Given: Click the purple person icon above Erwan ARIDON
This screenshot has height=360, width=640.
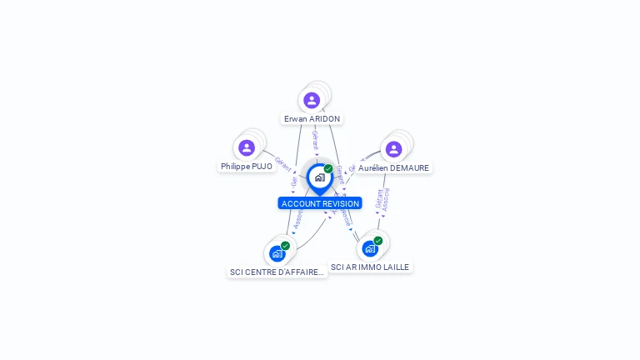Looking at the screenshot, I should click(312, 100).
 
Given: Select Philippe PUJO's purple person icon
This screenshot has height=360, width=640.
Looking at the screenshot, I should click(247, 147).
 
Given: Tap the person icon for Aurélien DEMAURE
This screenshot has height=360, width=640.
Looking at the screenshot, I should click(393, 148).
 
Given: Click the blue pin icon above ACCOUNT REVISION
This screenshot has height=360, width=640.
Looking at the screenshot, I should click(319, 177).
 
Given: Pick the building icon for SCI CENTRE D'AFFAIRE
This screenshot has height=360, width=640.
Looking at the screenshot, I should click(277, 253).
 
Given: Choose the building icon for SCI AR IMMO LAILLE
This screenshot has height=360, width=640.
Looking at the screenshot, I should click(370, 248).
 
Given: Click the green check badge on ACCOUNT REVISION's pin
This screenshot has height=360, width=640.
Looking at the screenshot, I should click(328, 168).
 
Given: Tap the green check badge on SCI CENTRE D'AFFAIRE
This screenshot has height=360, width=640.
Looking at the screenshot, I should click(285, 246).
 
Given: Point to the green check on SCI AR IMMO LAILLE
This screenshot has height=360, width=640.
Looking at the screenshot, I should click(377, 241).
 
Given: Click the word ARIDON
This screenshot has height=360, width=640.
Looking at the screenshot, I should click(324, 119).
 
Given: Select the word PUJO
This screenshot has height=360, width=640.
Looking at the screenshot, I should click(262, 167).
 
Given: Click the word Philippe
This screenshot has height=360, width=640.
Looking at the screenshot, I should click(236, 167).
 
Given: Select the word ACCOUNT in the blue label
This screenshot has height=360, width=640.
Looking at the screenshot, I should click(298, 203).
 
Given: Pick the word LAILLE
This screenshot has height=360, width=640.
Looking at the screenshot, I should click(395, 267).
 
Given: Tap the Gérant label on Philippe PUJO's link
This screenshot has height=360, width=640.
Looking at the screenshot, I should click(282, 164).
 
